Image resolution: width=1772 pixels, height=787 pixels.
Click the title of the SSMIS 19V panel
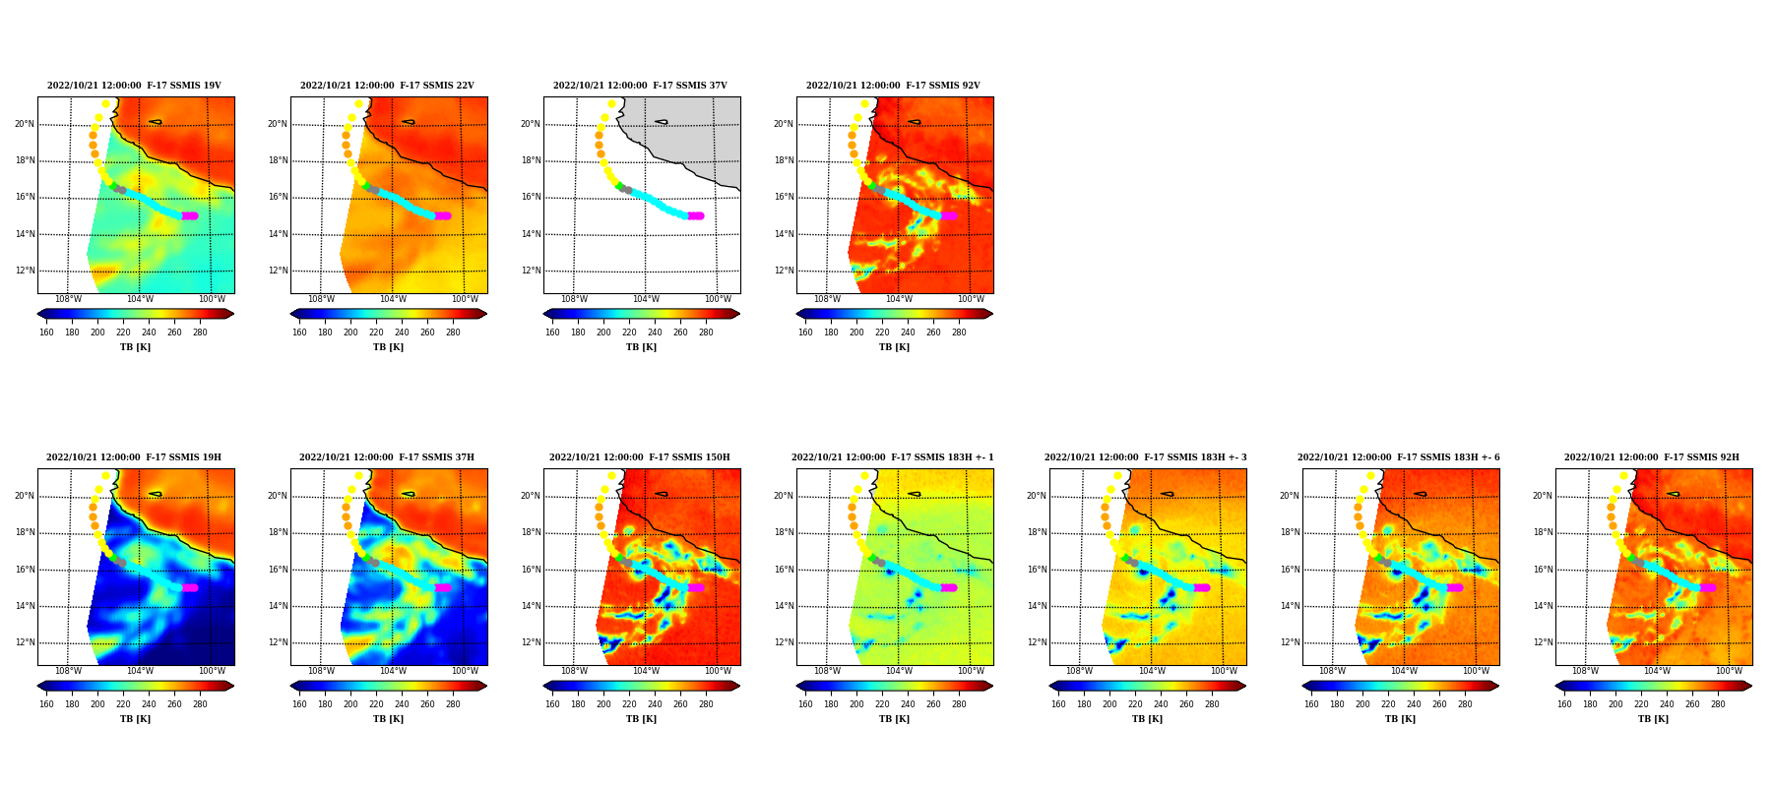point(134,86)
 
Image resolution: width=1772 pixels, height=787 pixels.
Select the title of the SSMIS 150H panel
point(640,457)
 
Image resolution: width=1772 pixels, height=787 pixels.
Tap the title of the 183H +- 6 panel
point(1399,457)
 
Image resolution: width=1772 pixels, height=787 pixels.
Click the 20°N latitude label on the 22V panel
point(277,124)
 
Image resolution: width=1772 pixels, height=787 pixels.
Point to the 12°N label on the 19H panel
point(24,642)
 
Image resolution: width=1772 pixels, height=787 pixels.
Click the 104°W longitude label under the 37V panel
point(646,299)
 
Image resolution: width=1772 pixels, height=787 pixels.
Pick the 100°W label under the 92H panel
point(1729,671)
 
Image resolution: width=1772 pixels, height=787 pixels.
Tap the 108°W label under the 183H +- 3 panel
point(1080,671)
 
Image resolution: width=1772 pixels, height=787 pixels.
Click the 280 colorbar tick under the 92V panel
point(959,333)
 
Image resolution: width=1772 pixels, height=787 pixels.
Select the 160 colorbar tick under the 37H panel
point(299,704)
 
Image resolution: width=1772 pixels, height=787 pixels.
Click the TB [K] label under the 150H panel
point(641,719)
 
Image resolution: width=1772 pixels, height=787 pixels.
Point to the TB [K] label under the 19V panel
point(135,347)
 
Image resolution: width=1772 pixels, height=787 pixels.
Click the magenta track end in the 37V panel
point(696,215)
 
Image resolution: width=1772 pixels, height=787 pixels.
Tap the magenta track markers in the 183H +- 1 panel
point(949,587)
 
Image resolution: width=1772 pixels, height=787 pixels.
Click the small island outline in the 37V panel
point(662,122)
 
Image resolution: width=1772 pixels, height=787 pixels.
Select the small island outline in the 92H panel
point(1674,494)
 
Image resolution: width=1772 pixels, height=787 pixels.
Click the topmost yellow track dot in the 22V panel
point(359,104)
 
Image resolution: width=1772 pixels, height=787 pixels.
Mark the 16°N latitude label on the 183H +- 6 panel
point(1289,570)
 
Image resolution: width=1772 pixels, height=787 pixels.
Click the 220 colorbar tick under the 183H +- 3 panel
point(1135,704)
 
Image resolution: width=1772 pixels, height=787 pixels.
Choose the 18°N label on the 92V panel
point(783,160)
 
